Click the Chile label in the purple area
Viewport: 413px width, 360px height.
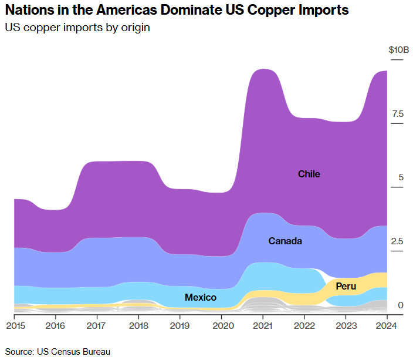click(x=309, y=174)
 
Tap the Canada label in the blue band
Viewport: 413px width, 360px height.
click(x=285, y=241)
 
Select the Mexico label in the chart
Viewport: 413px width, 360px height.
click(x=201, y=297)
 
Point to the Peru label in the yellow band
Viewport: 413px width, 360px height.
click(x=346, y=286)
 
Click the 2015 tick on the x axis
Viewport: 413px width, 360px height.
click(x=14, y=325)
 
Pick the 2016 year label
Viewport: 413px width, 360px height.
click(x=55, y=325)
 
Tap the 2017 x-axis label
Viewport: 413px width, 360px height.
click(x=97, y=325)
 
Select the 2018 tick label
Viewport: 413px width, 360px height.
click(x=138, y=325)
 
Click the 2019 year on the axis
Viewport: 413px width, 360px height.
click(x=180, y=325)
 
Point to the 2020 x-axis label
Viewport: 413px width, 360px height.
click(x=222, y=325)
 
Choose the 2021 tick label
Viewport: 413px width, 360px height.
click(x=263, y=325)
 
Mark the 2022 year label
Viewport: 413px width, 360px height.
click(x=304, y=325)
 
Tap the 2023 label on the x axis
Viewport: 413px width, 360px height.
click(x=346, y=325)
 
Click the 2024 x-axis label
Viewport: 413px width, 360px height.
click(x=387, y=325)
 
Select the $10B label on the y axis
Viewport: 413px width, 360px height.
click(x=398, y=51)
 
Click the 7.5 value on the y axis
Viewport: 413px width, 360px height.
click(x=398, y=114)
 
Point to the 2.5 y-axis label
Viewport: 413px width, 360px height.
click(x=398, y=241)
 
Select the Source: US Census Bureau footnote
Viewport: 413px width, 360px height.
click(x=57, y=351)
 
